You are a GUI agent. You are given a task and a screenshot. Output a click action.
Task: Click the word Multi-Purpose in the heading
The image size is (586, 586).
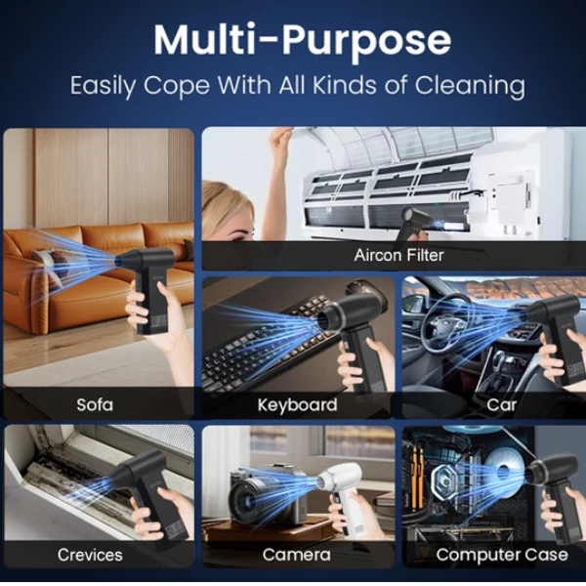[303, 40]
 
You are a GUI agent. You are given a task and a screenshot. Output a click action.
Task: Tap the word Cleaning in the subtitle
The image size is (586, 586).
[470, 86]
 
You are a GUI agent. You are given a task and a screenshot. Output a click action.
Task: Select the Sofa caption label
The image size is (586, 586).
[95, 404]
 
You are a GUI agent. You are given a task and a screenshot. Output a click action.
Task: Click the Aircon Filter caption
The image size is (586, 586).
[398, 255]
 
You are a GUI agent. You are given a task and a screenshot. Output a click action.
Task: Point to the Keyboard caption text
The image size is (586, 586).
[298, 405]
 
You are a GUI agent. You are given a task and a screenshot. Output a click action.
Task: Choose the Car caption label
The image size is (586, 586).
[502, 404]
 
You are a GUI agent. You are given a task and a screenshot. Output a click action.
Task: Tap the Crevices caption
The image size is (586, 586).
[90, 555]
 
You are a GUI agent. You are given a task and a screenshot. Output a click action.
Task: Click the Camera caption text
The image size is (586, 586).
[296, 555]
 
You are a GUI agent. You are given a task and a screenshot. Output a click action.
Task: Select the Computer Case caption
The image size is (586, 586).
[502, 555]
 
